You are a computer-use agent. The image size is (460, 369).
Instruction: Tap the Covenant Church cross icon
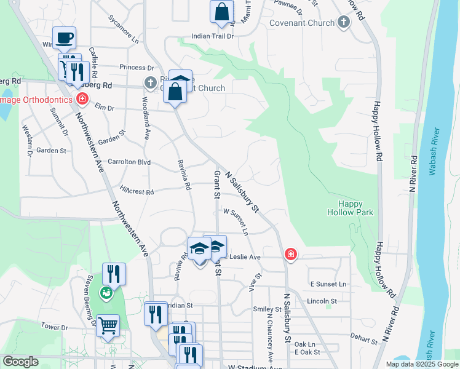click(x=344, y=23)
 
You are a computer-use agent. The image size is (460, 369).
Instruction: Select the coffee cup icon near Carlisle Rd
click(x=64, y=38)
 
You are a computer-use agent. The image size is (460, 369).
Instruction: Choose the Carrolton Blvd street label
click(x=129, y=162)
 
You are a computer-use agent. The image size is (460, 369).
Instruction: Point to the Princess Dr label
click(x=137, y=68)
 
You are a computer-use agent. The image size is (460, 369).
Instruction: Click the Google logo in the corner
click(x=20, y=362)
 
